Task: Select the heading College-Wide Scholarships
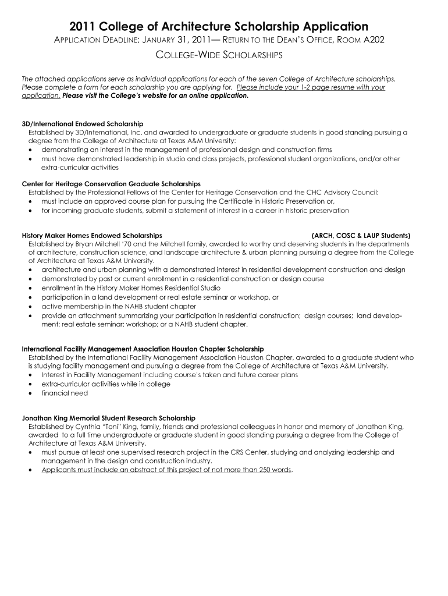click(x=221, y=55)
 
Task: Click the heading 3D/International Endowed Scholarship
click(x=83, y=124)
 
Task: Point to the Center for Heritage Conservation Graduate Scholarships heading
click(x=111, y=183)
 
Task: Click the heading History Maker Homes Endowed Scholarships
click(x=92, y=236)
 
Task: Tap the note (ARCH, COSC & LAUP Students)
click(x=361, y=236)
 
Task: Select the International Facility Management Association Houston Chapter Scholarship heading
click(x=143, y=349)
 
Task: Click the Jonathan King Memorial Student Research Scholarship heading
click(x=109, y=418)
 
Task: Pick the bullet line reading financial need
click(x=65, y=393)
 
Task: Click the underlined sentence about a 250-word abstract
click(x=166, y=470)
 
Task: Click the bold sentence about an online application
click(x=155, y=95)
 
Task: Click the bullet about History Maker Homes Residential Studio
click(x=131, y=288)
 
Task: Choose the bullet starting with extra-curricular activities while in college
click(x=106, y=384)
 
